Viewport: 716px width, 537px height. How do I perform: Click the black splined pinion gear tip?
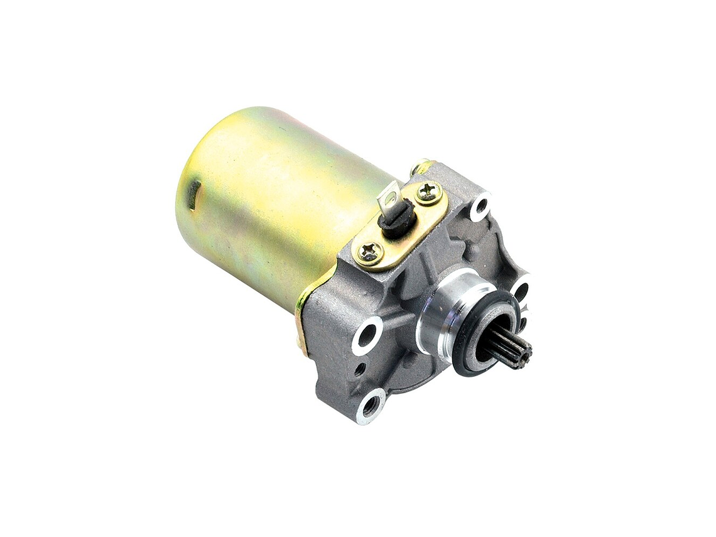[x=512, y=352]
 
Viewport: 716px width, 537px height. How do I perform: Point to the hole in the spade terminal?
[x=391, y=196]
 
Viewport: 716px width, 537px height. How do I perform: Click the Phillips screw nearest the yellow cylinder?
[x=369, y=252]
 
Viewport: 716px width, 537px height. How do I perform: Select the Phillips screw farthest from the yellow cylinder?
[x=428, y=192]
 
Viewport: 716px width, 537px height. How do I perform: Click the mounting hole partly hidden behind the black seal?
[x=520, y=291]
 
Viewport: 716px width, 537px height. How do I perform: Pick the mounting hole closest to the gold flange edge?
[x=366, y=334]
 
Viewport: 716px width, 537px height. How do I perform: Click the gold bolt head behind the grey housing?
[x=419, y=167]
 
